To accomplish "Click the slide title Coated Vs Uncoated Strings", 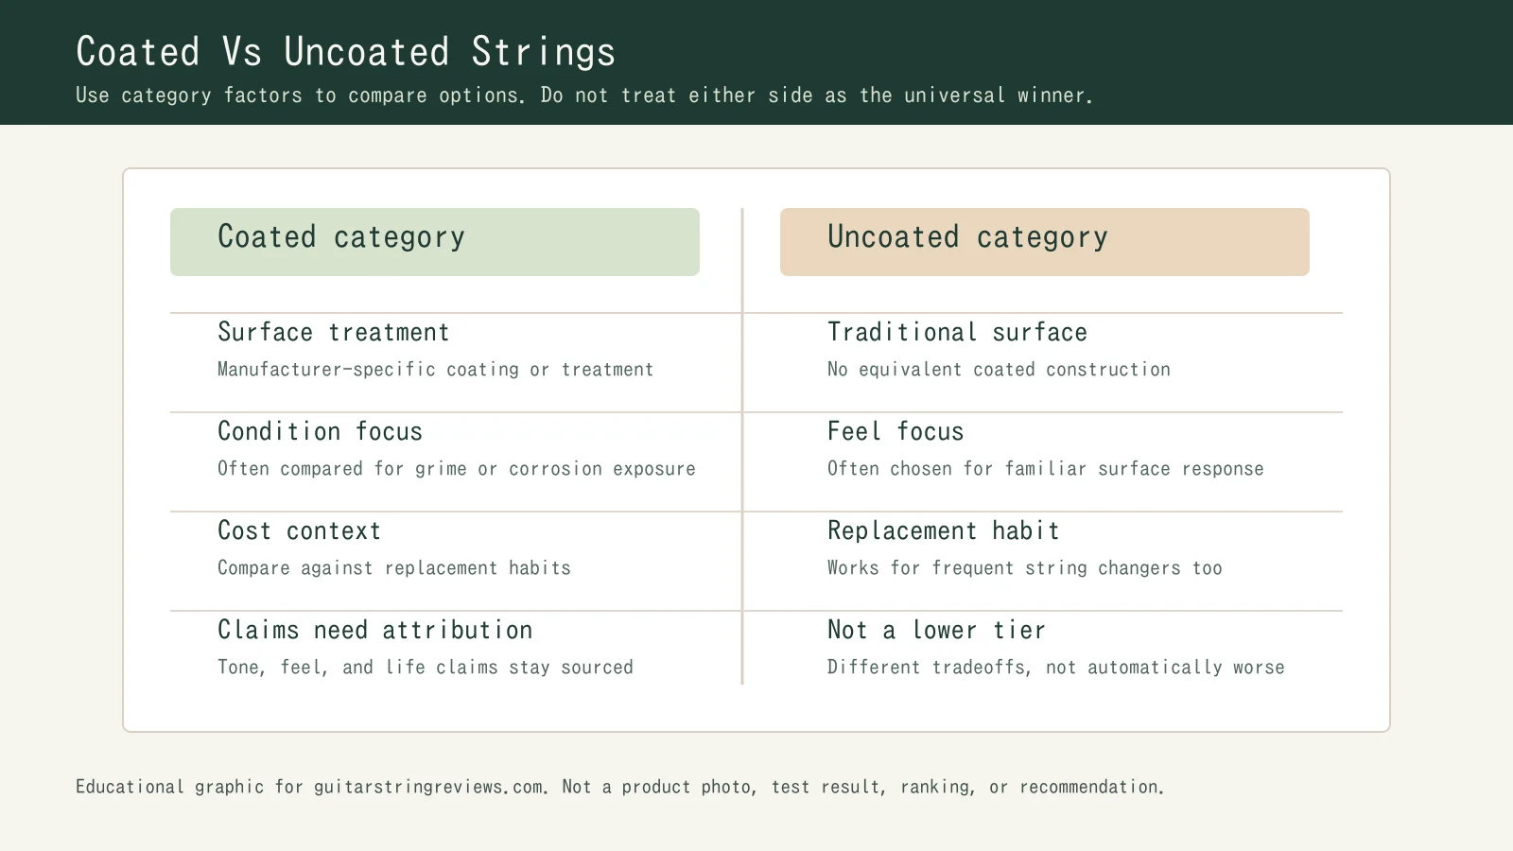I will (345, 52).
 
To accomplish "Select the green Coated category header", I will (434, 242).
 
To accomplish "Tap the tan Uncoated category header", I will (1044, 242).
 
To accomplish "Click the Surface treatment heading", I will (333, 333).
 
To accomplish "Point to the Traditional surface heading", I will (957, 333).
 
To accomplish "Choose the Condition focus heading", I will (320, 432).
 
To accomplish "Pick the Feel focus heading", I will (896, 432).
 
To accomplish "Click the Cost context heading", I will (299, 531).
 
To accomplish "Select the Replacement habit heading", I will (943, 531).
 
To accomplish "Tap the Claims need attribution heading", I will (374, 631).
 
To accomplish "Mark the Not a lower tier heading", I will (936, 631).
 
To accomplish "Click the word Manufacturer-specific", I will (326, 370).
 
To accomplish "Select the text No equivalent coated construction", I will (999, 370).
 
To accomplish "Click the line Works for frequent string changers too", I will (1024, 568).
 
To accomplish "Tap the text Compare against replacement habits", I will (393, 568).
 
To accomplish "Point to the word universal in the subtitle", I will (954, 96).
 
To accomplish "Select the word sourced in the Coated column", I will (597, 668).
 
